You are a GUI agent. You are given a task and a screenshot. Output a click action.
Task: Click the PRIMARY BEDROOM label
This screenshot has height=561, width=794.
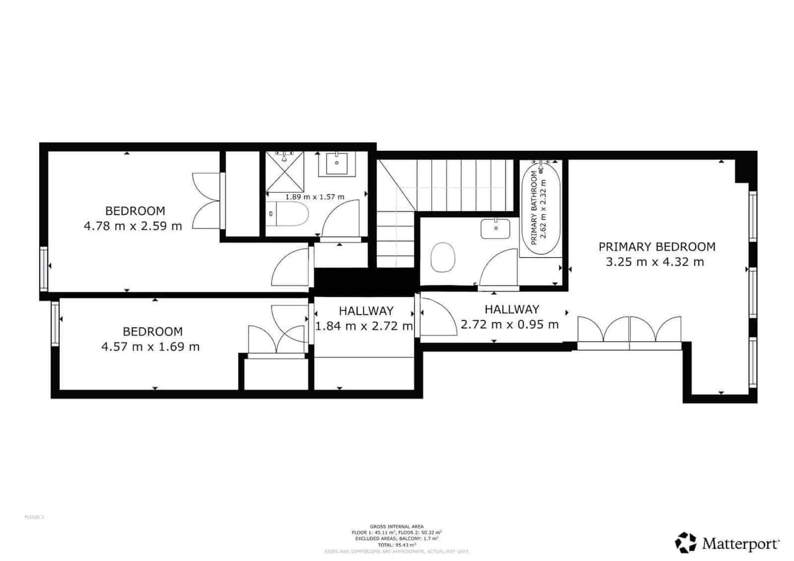coord(657,247)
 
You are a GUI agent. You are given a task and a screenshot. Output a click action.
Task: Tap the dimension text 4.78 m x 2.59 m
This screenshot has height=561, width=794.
coord(133,226)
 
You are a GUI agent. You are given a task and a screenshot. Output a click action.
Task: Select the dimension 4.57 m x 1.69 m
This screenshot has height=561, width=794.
coord(150,346)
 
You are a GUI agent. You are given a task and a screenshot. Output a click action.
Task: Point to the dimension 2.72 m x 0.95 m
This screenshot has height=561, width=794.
coord(510,324)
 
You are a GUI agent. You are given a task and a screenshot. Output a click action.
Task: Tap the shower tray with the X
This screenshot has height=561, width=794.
coord(284,172)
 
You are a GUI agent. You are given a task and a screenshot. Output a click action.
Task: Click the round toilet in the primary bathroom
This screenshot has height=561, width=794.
coord(443,257)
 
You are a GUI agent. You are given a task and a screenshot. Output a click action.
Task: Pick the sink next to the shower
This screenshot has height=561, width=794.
coord(337,163)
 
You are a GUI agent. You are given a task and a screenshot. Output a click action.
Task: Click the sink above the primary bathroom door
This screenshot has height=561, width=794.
coord(495,228)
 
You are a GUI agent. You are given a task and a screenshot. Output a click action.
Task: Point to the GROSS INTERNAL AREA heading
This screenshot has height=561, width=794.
coord(397,526)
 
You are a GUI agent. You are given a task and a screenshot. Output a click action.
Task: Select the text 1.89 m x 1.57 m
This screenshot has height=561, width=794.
coord(315,197)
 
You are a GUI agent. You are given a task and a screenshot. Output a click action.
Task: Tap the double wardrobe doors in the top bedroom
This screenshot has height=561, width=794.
coord(206,200)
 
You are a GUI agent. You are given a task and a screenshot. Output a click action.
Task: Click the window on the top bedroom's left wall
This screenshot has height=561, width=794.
coord(44,268)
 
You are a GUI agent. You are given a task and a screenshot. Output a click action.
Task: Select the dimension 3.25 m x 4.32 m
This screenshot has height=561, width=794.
coord(655,262)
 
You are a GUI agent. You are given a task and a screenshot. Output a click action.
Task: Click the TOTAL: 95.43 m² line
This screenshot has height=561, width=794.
coord(397,544)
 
